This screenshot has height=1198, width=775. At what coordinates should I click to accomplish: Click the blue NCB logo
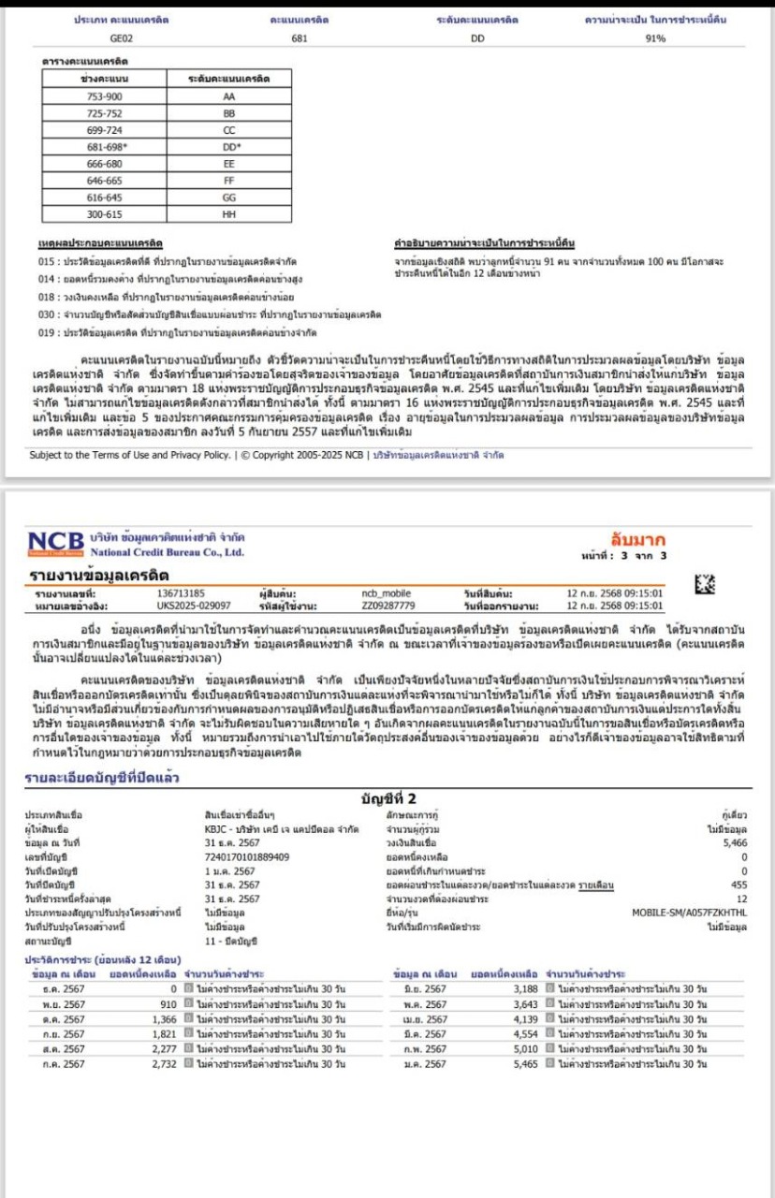56,543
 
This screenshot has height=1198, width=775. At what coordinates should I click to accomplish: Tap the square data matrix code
702,585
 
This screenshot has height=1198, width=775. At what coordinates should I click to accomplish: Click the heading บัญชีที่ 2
387,798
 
